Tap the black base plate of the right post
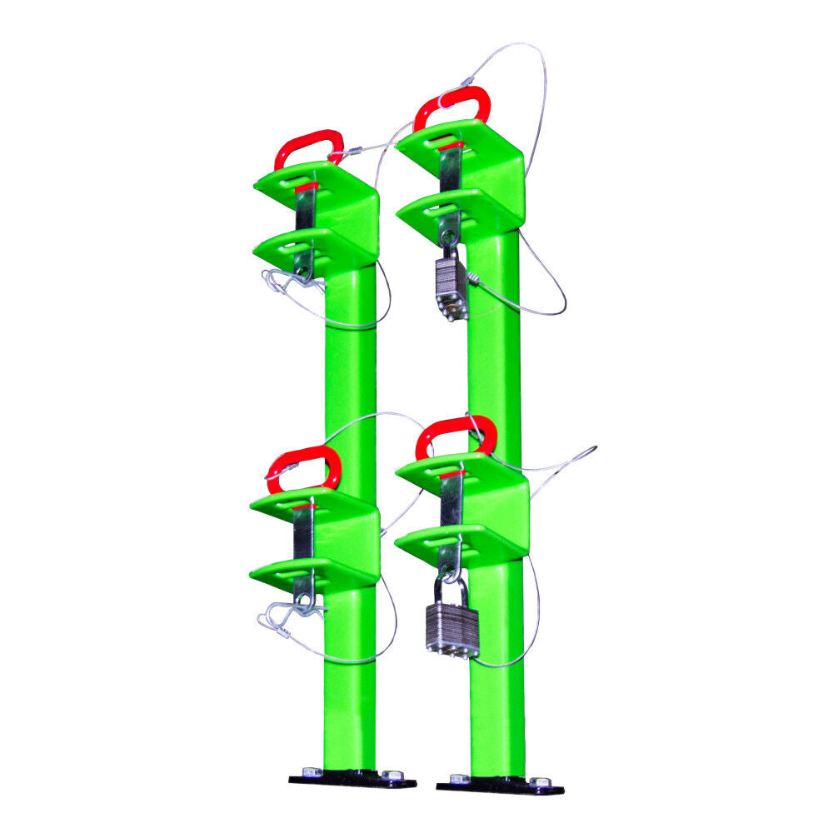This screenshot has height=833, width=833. [500, 784]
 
